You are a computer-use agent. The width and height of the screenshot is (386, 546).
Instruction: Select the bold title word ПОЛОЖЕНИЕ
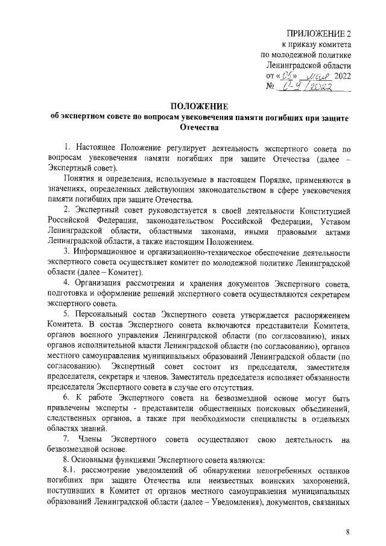tap(193, 106)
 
